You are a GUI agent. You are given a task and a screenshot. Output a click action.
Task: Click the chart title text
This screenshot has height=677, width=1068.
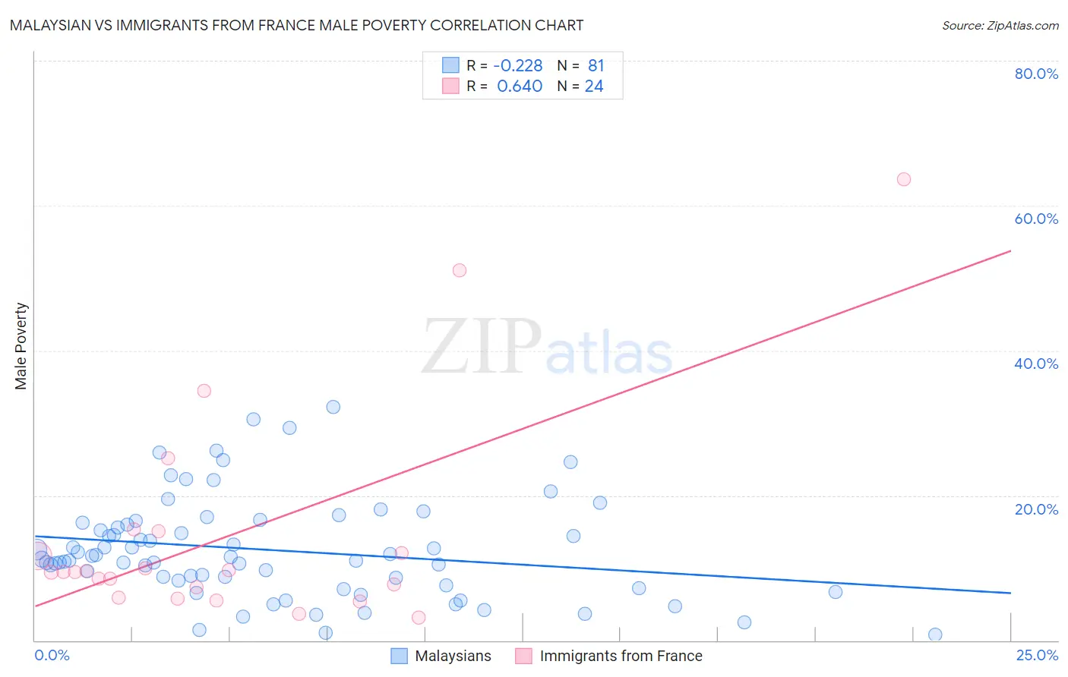coord(296,25)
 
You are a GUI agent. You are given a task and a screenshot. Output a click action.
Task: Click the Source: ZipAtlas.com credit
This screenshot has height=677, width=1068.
coord(1000,25)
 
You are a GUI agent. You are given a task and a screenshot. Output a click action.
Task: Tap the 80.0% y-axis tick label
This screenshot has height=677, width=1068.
coord(1036,74)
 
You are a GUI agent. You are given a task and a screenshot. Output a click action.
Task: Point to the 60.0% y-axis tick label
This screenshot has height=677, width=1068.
coord(1036,219)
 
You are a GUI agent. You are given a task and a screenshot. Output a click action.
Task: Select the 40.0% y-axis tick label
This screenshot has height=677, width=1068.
coord(1036,364)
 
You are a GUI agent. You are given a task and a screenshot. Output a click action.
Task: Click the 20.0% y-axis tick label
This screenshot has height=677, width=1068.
coord(1036,509)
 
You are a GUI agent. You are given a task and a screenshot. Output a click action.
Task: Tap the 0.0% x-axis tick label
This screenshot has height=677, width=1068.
coord(52,655)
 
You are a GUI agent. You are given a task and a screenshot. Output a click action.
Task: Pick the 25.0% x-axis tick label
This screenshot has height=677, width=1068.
coord(1037,655)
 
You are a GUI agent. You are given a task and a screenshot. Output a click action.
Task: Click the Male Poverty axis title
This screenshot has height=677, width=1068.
coord(21,346)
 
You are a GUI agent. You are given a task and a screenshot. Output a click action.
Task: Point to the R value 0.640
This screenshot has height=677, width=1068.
coord(520,87)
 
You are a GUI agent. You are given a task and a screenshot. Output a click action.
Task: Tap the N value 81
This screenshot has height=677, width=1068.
coord(596,66)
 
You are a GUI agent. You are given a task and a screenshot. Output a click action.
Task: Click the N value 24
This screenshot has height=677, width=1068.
coord(594,87)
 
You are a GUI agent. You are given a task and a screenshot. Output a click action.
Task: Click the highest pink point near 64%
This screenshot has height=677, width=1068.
coord(903,179)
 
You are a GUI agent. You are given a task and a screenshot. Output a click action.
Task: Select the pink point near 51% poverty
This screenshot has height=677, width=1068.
coord(459,270)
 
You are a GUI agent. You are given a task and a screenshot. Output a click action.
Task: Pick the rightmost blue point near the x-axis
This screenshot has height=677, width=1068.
coord(935,634)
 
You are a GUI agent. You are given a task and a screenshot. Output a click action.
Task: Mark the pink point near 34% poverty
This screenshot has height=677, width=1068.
coord(204,391)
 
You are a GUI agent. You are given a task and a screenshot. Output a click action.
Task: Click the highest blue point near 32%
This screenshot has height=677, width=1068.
coord(333,407)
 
